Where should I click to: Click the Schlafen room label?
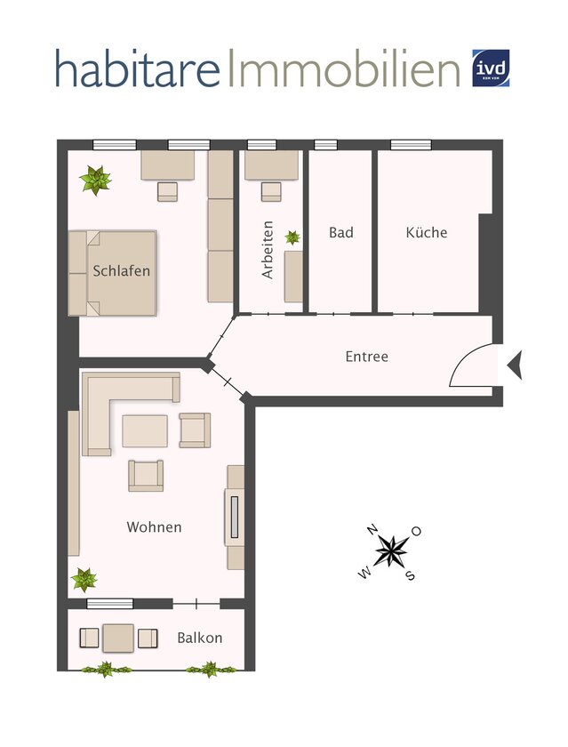(121, 271)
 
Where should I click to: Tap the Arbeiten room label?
(268, 251)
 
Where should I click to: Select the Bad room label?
(340, 233)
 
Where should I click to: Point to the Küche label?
(427, 233)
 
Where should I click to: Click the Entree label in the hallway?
(366, 357)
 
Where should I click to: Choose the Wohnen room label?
(154, 527)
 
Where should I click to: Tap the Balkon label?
(199, 638)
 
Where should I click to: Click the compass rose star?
(390, 550)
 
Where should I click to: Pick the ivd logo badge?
(491, 68)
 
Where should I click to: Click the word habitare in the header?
(137, 68)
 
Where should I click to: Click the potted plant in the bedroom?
(95, 181)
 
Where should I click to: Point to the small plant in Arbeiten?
(292, 237)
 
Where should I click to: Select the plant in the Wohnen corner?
(84, 580)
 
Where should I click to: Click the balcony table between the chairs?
(117, 637)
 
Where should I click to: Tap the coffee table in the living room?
(145, 431)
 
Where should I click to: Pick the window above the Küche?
(411, 145)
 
